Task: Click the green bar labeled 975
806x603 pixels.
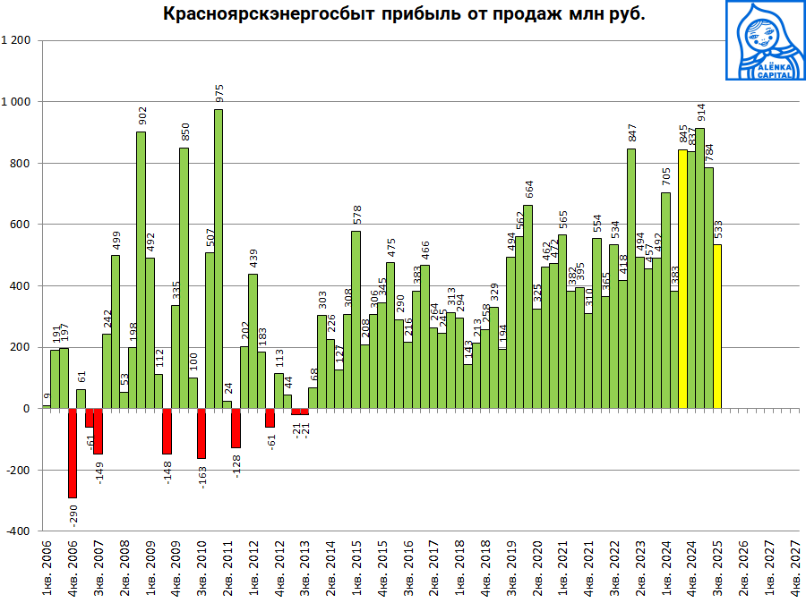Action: point(219,259)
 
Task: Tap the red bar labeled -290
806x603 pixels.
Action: point(73,453)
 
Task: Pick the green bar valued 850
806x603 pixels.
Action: point(184,278)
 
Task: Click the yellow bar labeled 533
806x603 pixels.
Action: point(716,327)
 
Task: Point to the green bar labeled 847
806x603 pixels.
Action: point(631,278)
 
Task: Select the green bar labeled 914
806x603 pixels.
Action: point(699,268)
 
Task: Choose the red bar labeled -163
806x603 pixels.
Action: point(201,433)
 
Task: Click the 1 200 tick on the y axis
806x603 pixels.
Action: point(17,41)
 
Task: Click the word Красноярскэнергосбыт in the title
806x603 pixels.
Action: point(261,14)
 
